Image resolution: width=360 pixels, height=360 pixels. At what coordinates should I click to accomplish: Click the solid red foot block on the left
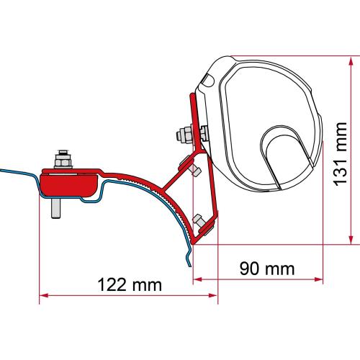(x=68, y=181)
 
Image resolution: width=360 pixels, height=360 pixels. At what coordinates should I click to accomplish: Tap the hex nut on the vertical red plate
(x=183, y=135)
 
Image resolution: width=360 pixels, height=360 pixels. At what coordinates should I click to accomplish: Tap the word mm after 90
(x=279, y=268)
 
